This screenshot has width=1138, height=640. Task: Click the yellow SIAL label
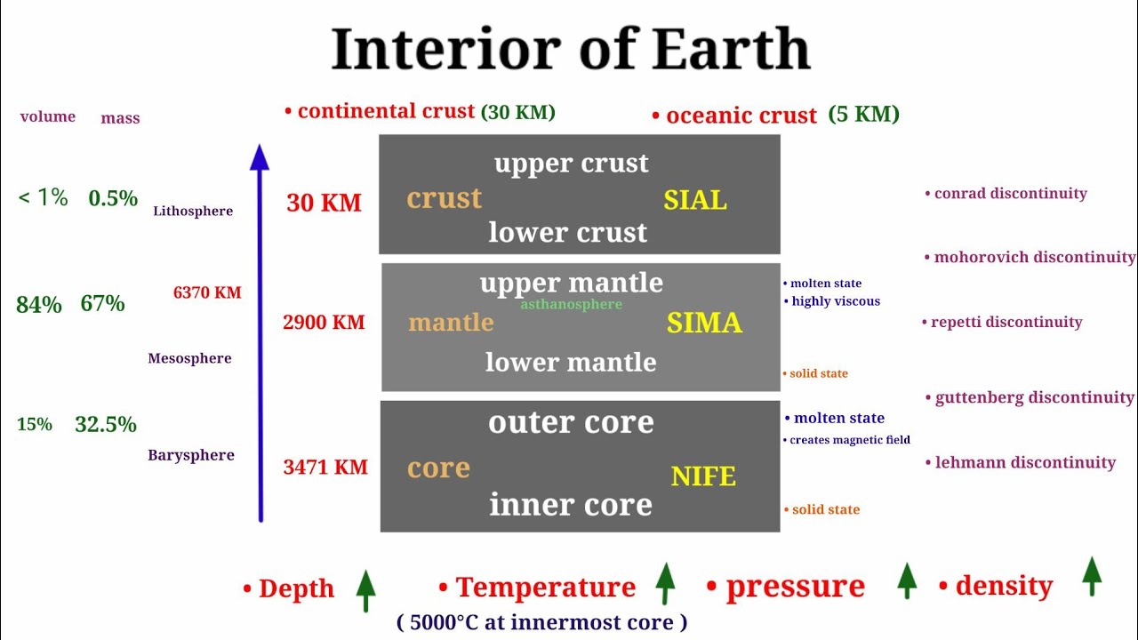694,200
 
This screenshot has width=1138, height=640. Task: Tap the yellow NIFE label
703,476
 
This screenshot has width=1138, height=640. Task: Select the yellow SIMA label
704,323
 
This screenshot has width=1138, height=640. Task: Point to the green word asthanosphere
571,305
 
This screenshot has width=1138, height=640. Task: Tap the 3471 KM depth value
325,468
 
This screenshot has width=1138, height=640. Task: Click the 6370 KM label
207,292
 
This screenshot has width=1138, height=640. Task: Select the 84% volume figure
39,305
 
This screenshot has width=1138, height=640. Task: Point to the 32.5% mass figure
106,425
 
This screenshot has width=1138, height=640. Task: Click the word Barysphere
191,455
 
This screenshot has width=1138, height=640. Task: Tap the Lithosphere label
193,212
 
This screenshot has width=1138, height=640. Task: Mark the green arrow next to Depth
365,589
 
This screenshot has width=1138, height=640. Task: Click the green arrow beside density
1092,576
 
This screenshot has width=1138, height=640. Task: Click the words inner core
571,505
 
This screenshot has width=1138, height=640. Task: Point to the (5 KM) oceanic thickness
863,114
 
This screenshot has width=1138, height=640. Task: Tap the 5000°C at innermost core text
542,622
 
